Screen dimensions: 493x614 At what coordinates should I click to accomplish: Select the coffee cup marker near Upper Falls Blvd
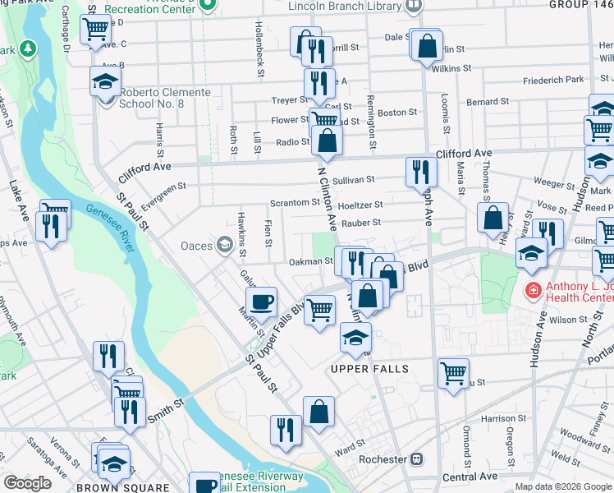click(x=261, y=302)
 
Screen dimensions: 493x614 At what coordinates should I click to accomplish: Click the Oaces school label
click(x=197, y=245)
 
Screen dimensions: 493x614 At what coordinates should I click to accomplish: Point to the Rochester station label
click(x=384, y=458)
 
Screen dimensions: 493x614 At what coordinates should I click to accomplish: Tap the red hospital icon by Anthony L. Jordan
click(x=533, y=290)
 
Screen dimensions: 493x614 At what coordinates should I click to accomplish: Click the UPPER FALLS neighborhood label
click(x=369, y=369)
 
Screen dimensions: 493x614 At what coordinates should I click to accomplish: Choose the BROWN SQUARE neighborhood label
click(x=111, y=487)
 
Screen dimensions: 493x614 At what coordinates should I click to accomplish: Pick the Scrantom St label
click(x=296, y=202)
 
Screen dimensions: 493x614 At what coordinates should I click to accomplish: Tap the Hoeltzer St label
click(x=361, y=204)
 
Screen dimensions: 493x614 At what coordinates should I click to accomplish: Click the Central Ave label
click(x=470, y=477)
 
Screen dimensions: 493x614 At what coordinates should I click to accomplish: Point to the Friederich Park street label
click(x=554, y=80)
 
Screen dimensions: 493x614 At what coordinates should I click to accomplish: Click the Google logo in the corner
click(x=27, y=483)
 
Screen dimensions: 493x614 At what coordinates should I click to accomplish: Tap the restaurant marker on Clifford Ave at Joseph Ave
click(x=419, y=173)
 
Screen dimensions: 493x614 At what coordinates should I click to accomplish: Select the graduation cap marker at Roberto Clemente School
click(x=106, y=83)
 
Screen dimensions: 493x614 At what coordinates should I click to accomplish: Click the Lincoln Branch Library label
click(x=345, y=5)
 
